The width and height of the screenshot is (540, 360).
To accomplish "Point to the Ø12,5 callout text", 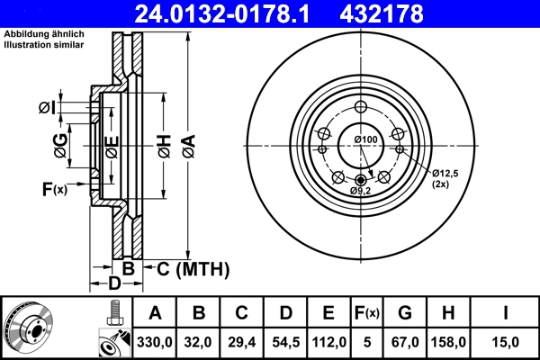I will pyautogui.click(x=446, y=173).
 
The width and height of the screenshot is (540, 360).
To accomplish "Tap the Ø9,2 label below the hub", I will pyautogui.click(x=361, y=190).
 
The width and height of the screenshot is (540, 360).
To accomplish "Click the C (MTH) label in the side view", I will pyautogui.click(x=193, y=268).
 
